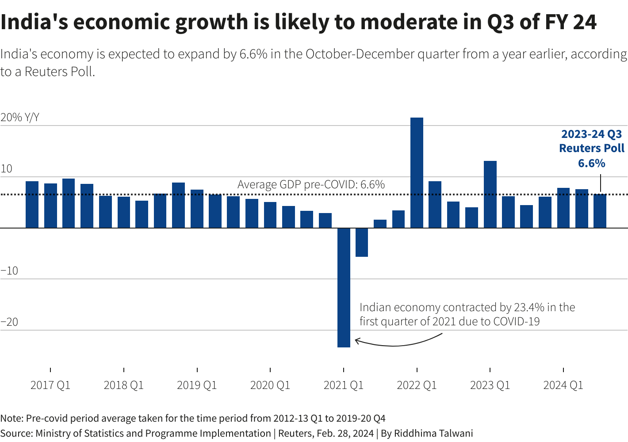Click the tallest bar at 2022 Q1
tap(417, 172)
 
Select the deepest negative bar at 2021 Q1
tap(344, 287)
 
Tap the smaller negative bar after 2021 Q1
tap(362, 242)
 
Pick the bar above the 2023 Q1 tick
tap(490, 194)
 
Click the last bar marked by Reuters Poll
tap(600, 211)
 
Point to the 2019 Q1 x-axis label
tap(197, 385)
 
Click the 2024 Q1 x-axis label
tap(563, 385)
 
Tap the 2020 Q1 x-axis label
tap(270, 385)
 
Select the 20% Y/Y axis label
tap(20, 118)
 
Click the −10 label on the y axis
tap(9, 271)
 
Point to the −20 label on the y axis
tap(9, 322)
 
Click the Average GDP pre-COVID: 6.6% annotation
tap(311, 184)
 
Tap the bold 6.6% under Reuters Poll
tap(592, 164)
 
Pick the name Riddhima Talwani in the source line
tap(433, 433)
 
